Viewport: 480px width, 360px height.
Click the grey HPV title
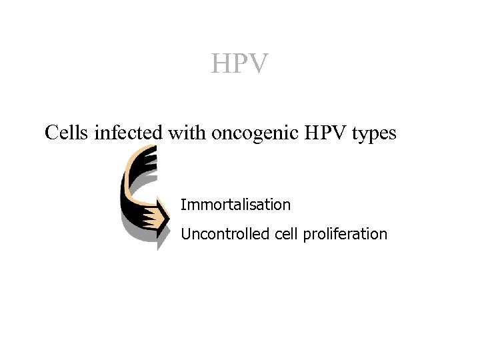coord(240,64)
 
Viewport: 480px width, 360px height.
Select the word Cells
coord(67,133)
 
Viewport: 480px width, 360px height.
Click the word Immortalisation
coord(235,205)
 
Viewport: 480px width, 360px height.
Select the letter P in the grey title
coord(240,64)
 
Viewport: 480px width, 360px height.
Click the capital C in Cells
coord(51,133)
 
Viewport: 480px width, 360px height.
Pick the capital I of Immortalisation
coord(183,205)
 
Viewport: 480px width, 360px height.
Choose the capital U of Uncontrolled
coord(185,234)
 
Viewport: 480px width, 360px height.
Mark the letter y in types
coord(363,135)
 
